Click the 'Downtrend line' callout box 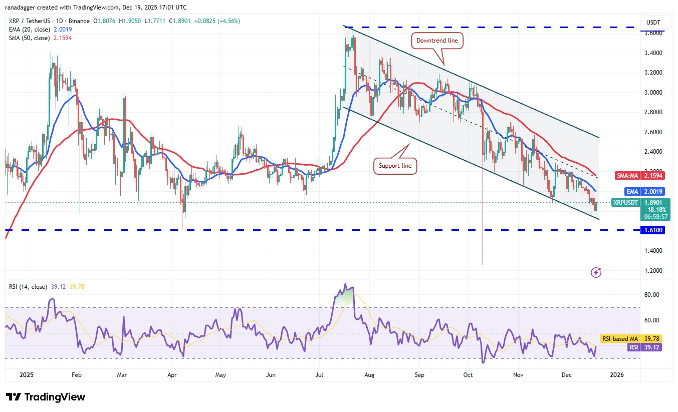438,41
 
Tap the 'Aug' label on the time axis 369,374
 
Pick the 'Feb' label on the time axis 77,374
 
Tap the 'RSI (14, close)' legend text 29,287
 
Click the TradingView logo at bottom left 46,397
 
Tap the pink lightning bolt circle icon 596,272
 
